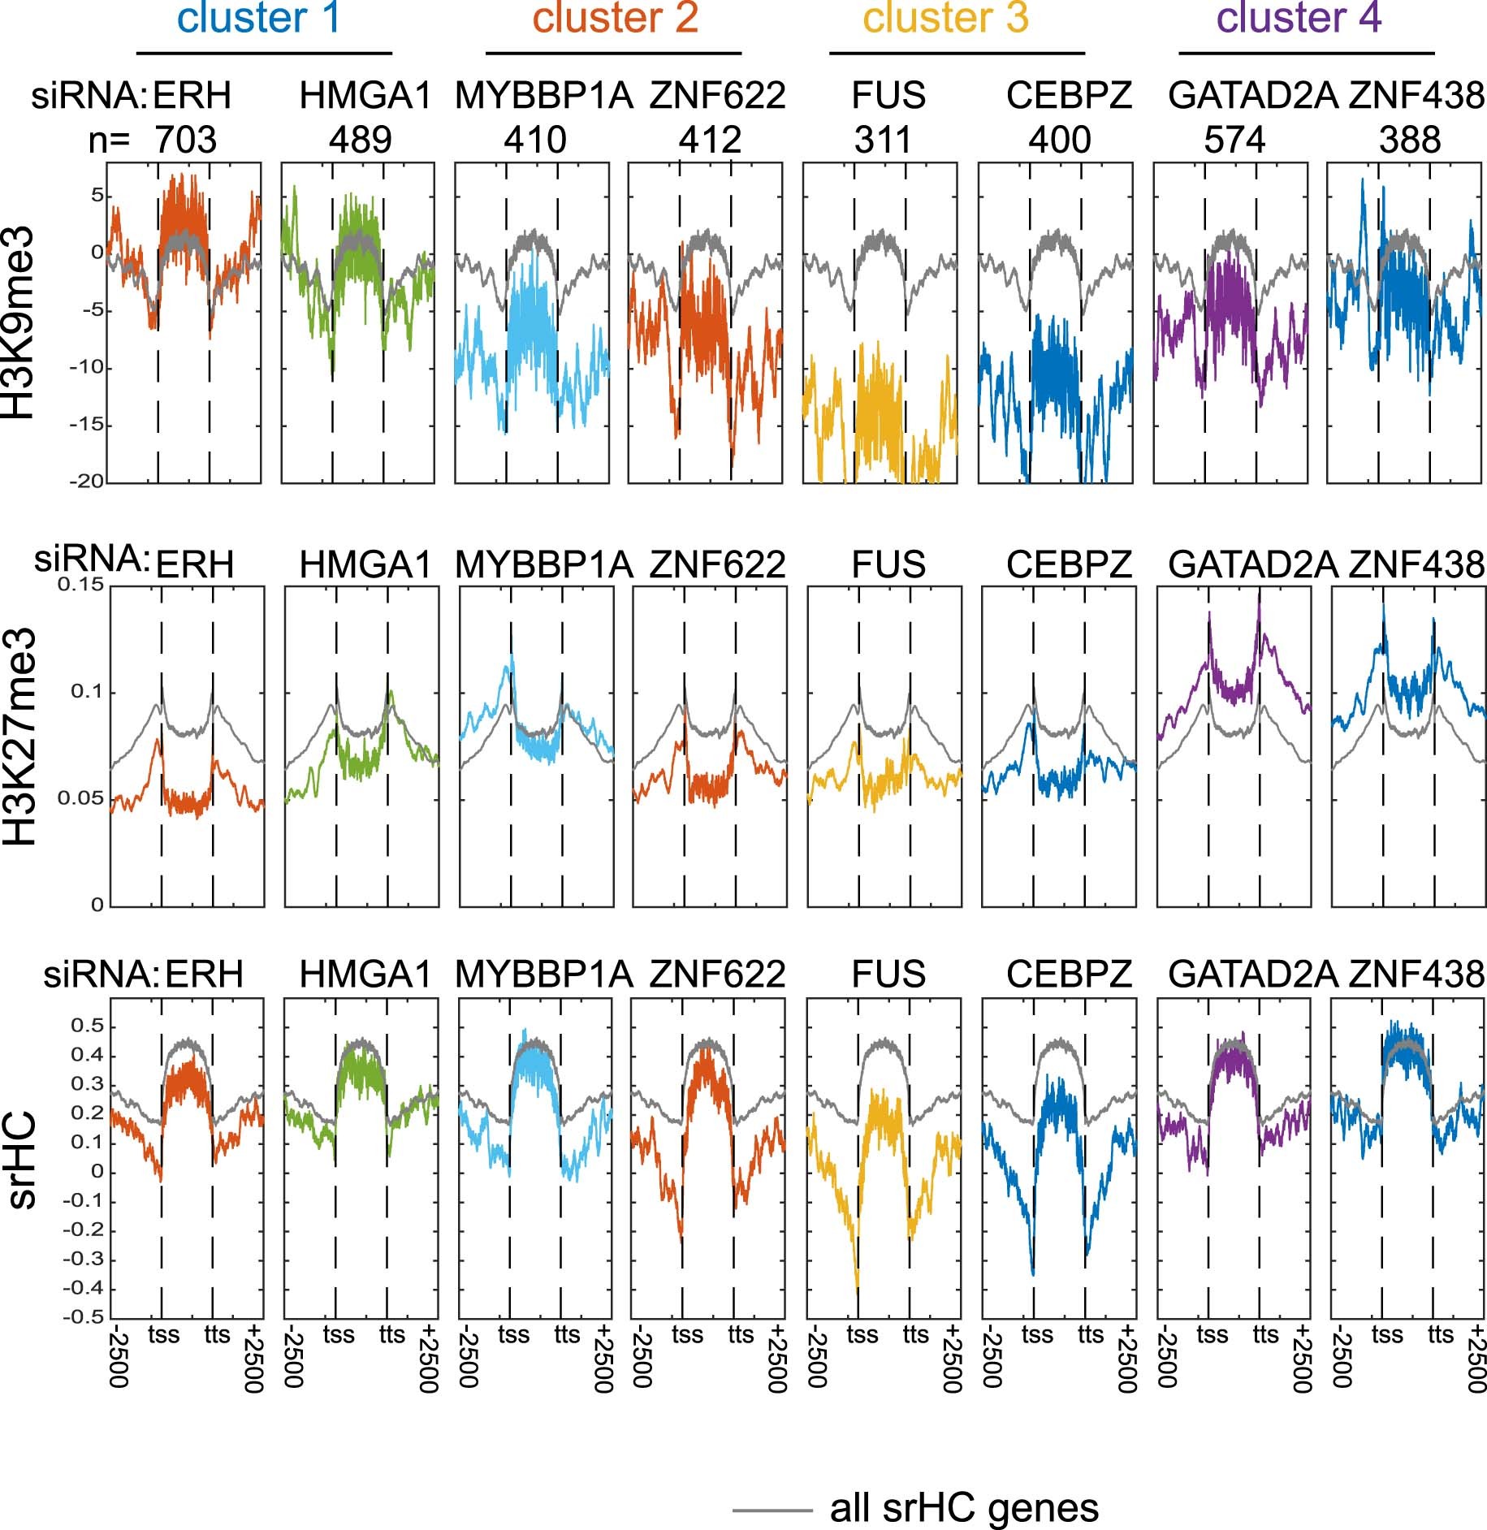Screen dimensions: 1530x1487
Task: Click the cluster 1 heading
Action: coord(259,18)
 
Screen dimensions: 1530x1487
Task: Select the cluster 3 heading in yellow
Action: coord(946,18)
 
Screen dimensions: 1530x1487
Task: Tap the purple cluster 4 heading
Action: coord(1299,18)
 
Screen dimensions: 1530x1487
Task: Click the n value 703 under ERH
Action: coord(186,140)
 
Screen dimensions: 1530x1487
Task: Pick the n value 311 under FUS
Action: coord(884,140)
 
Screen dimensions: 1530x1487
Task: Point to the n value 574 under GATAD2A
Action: coord(1234,140)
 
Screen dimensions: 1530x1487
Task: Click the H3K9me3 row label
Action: coord(19,322)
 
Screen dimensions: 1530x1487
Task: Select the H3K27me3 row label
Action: coord(19,736)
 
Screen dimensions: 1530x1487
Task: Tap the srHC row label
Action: coord(23,1160)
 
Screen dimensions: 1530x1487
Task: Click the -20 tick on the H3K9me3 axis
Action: coord(87,482)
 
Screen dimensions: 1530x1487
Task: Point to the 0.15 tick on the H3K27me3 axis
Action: coord(81,585)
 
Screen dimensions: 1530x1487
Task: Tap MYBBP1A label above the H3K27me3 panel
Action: coord(543,564)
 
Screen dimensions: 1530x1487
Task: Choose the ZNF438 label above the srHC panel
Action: coord(1416,974)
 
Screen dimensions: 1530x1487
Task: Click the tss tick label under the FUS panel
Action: coord(862,1335)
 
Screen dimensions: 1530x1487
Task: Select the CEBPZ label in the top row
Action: coord(1069,96)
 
